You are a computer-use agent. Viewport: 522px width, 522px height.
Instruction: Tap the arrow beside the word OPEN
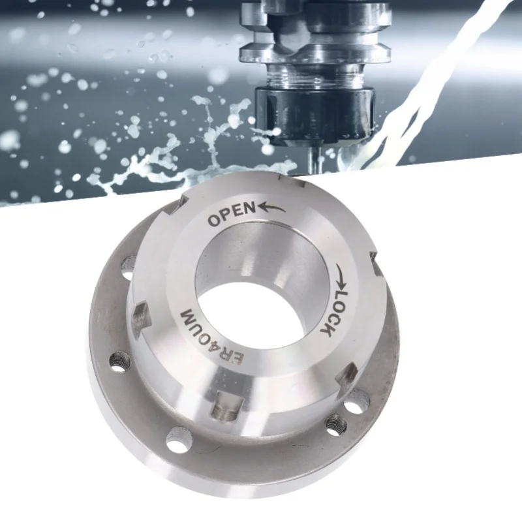click(x=271, y=207)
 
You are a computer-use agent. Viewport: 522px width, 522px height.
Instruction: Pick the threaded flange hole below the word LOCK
click(x=335, y=424)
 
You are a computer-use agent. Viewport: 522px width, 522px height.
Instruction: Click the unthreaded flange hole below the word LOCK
click(x=356, y=401)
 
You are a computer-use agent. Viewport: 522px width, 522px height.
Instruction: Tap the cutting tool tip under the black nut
click(x=314, y=157)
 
